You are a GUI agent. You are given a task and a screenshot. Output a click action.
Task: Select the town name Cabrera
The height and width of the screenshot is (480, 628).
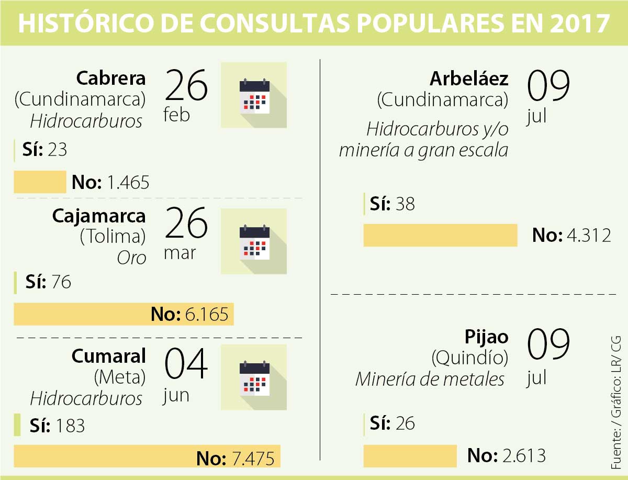pyautogui.click(x=111, y=79)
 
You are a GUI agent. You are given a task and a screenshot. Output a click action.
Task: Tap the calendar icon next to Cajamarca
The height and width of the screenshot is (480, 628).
pyautogui.click(x=254, y=241)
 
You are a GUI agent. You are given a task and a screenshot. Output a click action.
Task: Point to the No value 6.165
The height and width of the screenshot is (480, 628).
pyautogui.click(x=207, y=315)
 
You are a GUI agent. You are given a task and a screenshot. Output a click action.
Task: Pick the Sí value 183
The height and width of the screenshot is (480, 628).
pyautogui.click(x=69, y=426)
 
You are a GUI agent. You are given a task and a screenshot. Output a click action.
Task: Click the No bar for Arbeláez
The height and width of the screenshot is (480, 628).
pyautogui.click(x=440, y=235)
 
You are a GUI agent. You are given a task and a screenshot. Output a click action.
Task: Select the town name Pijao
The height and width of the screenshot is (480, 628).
pyautogui.click(x=486, y=337)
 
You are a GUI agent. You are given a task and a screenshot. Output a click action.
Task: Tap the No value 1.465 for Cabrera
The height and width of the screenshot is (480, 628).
pyautogui.click(x=128, y=183)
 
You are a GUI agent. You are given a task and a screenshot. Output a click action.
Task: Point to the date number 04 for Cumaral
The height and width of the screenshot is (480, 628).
pyautogui.click(x=186, y=365)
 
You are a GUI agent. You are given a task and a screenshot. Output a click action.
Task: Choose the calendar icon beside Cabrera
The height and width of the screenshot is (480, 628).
pyautogui.click(x=254, y=95)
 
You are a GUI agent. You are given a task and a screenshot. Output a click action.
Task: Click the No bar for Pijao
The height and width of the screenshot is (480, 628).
pyautogui.click(x=410, y=456)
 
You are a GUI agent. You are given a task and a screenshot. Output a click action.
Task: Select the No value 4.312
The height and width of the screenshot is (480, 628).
pyautogui.click(x=589, y=236)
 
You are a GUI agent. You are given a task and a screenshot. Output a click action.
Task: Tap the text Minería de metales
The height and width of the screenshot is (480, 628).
pyautogui.click(x=430, y=379)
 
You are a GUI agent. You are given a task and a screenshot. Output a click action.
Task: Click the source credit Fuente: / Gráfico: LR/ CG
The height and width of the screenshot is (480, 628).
pyautogui.click(x=616, y=402)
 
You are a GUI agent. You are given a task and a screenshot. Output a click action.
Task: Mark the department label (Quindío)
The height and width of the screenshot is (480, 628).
pyautogui.click(x=469, y=358)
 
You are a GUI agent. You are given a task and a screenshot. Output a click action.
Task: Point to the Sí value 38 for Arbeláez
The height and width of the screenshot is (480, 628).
pyautogui.click(x=405, y=204)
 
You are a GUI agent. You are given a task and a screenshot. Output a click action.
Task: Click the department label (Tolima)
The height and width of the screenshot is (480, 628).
pyautogui.click(x=113, y=237)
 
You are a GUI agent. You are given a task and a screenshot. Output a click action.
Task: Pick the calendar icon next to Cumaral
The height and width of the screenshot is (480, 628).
pyautogui.click(x=254, y=377)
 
